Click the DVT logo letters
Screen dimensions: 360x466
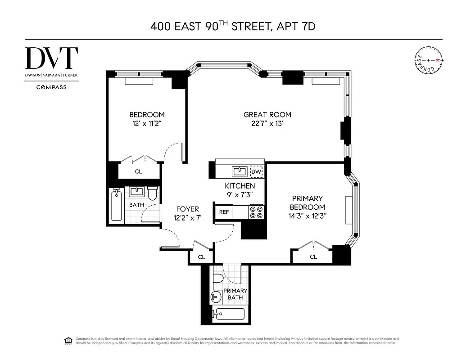[x=51, y=58]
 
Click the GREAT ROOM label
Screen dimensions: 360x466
[x=267, y=115]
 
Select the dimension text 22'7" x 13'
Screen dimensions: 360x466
[x=267, y=124]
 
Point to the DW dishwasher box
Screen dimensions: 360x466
[x=256, y=171]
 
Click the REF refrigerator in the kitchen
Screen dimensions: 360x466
[x=223, y=212]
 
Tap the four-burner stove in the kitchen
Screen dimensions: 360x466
[x=256, y=212]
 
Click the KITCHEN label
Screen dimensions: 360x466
[x=240, y=186]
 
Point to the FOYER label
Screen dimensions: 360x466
[x=187, y=209]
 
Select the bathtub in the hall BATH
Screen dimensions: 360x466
[x=117, y=206]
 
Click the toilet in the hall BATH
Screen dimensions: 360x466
[x=152, y=194]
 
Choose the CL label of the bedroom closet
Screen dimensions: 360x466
[x=139, y=171]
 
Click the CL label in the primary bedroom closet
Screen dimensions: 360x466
[x=313, y=256]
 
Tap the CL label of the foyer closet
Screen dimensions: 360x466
[x=201, y=257]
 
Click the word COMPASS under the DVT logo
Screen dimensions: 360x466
[x=51, y=87]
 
